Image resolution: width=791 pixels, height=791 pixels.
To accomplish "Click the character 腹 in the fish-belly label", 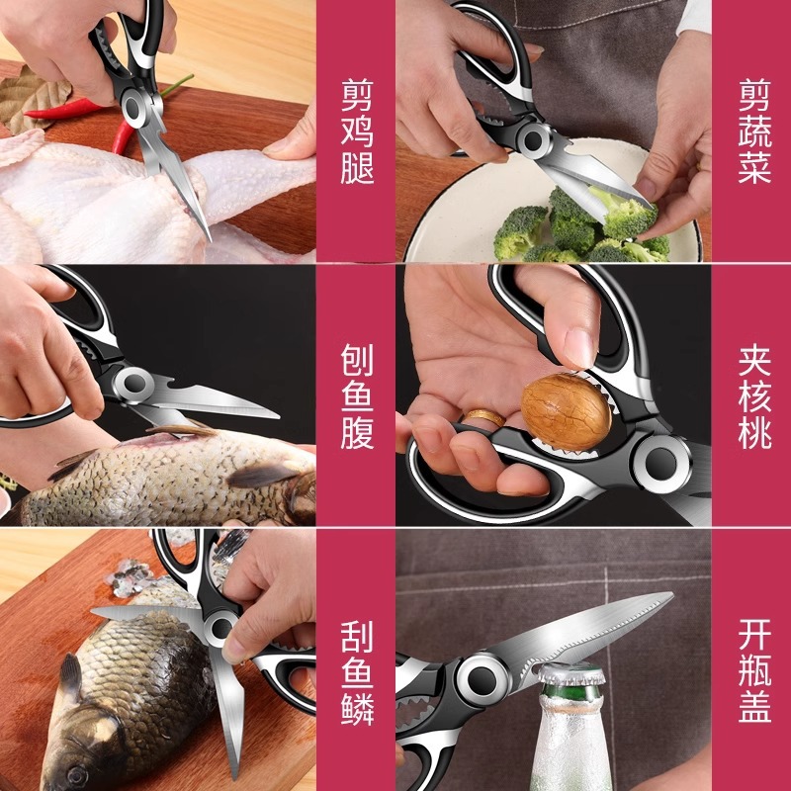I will click(357, 431).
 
